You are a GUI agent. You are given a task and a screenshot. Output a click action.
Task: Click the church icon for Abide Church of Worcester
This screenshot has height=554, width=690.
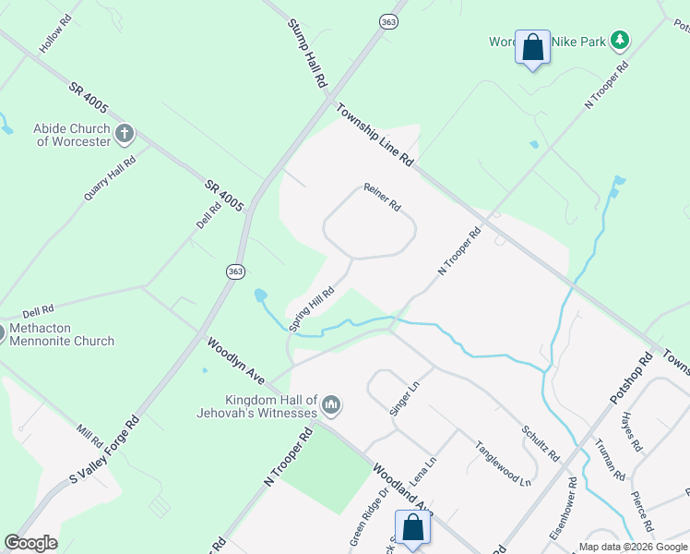[125, 135]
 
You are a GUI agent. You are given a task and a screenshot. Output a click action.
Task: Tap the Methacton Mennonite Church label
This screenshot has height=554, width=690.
[62, 334]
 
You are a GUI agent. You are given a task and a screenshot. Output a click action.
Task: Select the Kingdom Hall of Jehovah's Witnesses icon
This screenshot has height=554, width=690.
[331, 404]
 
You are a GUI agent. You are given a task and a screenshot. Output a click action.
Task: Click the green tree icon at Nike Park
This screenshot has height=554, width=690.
[621, 40]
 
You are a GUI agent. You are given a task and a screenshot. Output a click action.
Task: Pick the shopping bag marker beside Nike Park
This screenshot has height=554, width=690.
[532, 48]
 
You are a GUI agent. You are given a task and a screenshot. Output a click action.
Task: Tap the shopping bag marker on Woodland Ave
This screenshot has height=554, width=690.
[413, 527]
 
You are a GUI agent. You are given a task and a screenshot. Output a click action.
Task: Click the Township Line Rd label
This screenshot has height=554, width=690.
[374, 134]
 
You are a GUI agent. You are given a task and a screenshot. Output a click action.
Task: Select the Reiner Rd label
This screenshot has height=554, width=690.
[381, 196]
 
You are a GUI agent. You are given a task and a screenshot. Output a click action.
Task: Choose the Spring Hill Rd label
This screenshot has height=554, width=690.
[312, 308]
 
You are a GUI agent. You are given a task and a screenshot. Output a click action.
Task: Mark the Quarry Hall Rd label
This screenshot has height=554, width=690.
[110, 177]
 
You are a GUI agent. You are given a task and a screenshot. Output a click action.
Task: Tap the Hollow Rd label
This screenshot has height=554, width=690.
[55, 34]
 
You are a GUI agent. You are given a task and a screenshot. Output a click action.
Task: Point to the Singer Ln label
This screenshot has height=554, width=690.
[404, 398]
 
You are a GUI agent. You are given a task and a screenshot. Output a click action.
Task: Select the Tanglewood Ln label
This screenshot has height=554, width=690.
[503, 463]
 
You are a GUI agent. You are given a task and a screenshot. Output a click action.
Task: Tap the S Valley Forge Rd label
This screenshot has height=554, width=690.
[104, 450]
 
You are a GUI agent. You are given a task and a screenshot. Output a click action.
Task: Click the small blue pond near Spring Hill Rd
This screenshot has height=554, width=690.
[260, 295]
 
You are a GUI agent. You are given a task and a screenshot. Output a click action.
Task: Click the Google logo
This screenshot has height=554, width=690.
[30, 543]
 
